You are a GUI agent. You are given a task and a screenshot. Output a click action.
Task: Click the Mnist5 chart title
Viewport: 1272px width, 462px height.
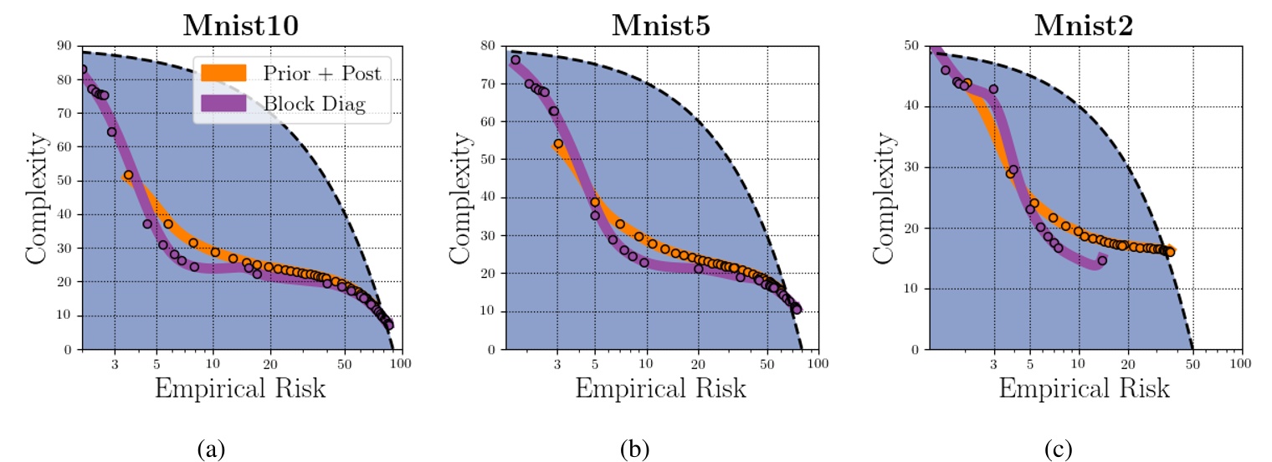pyautogui.click(x=662, y=24)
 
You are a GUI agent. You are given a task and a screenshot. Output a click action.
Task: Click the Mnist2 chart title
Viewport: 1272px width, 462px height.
pyautogui.click(x=1085, y=24)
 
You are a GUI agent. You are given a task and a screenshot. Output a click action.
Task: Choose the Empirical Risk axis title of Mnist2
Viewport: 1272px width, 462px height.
pyautogui.click(x=1085, y=389)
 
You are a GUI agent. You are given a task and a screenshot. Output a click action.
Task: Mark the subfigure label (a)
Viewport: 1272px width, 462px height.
pyautogui.click(x=211, y=450)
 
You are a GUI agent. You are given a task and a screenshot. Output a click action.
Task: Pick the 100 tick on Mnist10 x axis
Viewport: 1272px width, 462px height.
pyautogui.click(x=399, y=364)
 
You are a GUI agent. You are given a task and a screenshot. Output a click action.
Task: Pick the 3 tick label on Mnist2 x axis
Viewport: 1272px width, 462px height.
pyautogui.click(x=993, y=364)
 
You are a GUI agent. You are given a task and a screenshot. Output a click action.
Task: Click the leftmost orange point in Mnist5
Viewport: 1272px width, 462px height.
pyautogui.click(x=558, y=144)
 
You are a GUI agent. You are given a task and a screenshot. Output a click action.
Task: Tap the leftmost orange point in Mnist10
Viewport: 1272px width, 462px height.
pyautogui.click(x=128, y=175)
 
